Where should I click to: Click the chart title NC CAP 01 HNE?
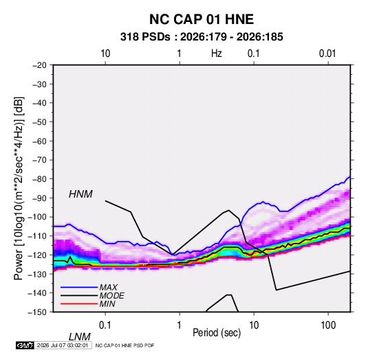pyautogui.click(x=202, y=19)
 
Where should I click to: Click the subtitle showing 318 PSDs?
pyautogui.click(x=202, y=37)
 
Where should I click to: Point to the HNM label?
pyautogui.click(x=80, y=194)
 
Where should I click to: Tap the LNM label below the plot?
pyautogui.click(x=80, y=337)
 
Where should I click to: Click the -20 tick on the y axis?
pyautogui.click(x=39, y=65)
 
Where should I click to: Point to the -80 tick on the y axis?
pyautogui.click(x=39, y=179)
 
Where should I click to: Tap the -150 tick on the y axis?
pyautogui.click(x=37, y=312)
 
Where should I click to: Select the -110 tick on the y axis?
pyautogui.click(x=37, y=236)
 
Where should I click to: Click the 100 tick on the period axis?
pyautogui.click(x=328, y=325)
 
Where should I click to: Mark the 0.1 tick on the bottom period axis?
pyautogui.click(x=105, y=325)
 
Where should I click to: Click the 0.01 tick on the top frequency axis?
pyautogui.click(x=327, y=54)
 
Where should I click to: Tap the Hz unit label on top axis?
pyautogui.click(x=217, y=54)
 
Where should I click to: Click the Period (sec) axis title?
pyautogui.click(x=217, y=333)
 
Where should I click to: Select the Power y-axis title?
pyautogui.click(x=19, y=189)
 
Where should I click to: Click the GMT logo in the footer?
pyautogui.click(x=25, y=345)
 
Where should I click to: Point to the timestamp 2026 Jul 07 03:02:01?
pyautogui.click(x=63, y=345)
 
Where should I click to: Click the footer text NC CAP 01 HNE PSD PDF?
pyautogui.click(x=125, y=345)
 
